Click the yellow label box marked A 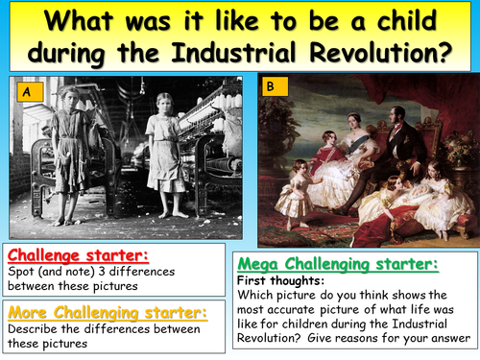pyautogui.click(x=29, y=92)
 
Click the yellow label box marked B pyautogui.click(x=271, y=86)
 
